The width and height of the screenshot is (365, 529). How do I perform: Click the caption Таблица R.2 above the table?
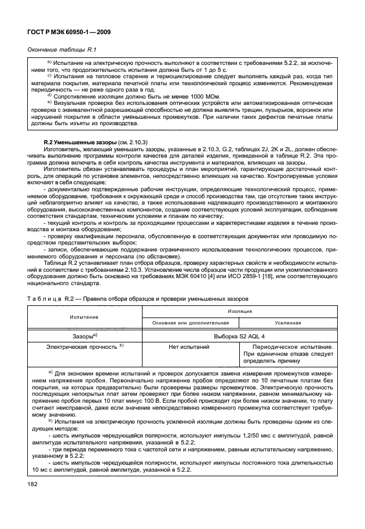click(x=52, y=299)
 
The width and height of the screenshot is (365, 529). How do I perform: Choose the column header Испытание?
click(x=84, y=317)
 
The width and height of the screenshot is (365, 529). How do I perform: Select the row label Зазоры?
click(x=83, y=335)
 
